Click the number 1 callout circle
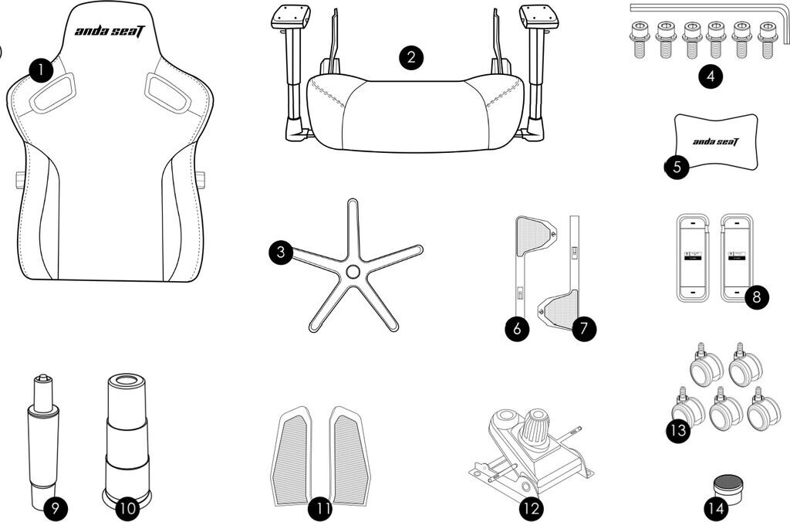click(x=41, y=70)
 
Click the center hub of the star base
click(x=352, y=272)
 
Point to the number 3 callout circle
click(x=281, y=252)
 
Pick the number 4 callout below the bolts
click(x=711, y=76)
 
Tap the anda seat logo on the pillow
click(x=715, y=141)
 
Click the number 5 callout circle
click(x=677, y=167)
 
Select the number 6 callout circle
click(x=517, y=329)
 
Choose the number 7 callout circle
click(x=584, y=329)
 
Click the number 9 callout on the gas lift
click(x=56, y=508)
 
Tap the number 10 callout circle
click(x=127, y=508)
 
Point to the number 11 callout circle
click(x=320, y=509)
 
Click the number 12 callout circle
click(x=531, y=509)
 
